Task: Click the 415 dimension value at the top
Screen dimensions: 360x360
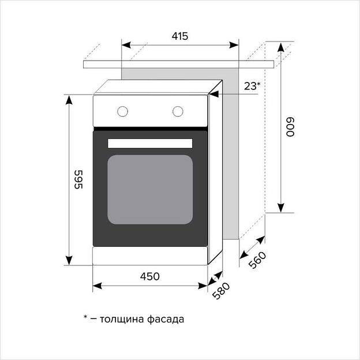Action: pos(180,36)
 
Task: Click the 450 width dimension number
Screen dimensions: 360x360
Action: pos(149,276)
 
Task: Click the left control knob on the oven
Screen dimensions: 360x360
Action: pos(122,111)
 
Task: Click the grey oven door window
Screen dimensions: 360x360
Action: pos(149,189)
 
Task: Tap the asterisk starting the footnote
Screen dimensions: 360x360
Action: pos(85,317)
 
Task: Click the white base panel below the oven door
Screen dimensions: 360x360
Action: pos(149,256)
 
